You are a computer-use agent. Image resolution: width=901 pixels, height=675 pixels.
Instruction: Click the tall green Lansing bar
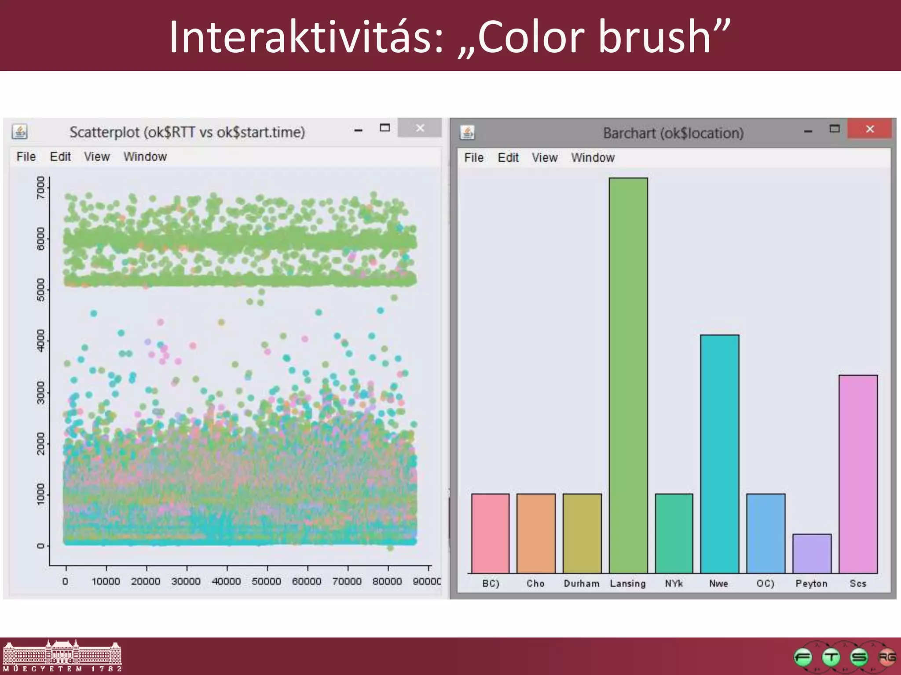(628, 375)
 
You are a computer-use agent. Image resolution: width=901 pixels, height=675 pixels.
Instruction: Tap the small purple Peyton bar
(812, 553)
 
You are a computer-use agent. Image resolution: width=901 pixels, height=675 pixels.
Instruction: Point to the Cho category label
(535, 584)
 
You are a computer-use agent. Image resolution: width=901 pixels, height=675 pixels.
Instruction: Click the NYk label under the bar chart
(674, 584)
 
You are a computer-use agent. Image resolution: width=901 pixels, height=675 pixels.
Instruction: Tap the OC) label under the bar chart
(765, 584)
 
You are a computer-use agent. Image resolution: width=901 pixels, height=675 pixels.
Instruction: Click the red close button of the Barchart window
(869, 129)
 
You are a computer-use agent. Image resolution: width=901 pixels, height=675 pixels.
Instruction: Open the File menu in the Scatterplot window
(26, 157)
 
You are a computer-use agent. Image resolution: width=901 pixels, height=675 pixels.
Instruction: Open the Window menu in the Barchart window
(593, 158)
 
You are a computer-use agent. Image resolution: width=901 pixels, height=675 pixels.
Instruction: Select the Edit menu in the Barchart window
(508, 158)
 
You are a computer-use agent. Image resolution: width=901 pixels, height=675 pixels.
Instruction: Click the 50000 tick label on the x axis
(266, 581)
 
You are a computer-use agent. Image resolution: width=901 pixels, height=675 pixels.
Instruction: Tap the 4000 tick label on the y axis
(41, 341)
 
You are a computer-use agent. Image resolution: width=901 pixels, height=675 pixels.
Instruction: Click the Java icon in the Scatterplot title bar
(20, 132)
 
